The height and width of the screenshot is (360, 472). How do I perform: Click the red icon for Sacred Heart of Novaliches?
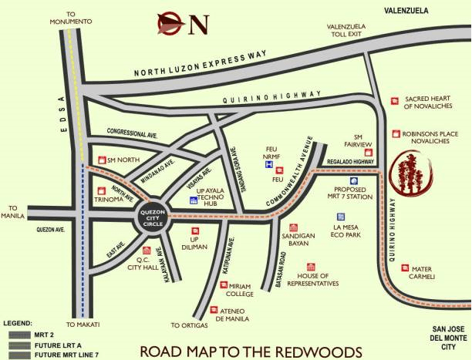pyautogui.click(x=395, y=100)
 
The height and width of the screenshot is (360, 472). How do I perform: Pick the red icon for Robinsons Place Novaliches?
pyautogui.click(x=395, y=133)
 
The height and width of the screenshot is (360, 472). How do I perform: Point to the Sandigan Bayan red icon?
pyautogui.click(x=293, y=228)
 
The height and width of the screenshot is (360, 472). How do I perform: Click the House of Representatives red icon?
pyautogui.click(x=312, y=266)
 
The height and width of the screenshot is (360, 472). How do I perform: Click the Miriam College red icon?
pyautogui.click(x=224, y=285)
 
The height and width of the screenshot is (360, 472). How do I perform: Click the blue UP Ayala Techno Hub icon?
pyautogui.click(x=193, y=200)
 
